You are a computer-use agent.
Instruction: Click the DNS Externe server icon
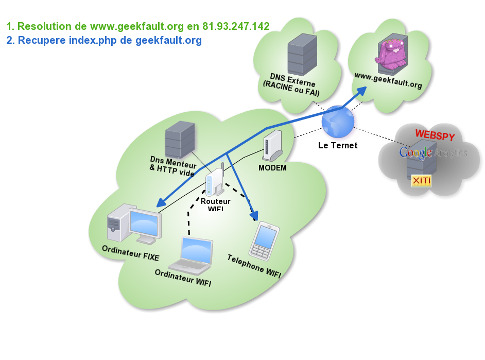point(302,54)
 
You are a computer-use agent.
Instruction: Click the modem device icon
point(272,146)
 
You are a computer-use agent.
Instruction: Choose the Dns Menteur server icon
point(180,139)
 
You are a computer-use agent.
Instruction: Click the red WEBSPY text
point(435,135)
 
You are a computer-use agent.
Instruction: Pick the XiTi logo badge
point(421,181)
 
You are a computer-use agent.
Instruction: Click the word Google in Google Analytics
point(415,153)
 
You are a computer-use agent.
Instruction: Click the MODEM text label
point(272,168)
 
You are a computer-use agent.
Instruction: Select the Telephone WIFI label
point(254,266)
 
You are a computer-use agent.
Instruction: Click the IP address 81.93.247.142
point(236,26)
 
